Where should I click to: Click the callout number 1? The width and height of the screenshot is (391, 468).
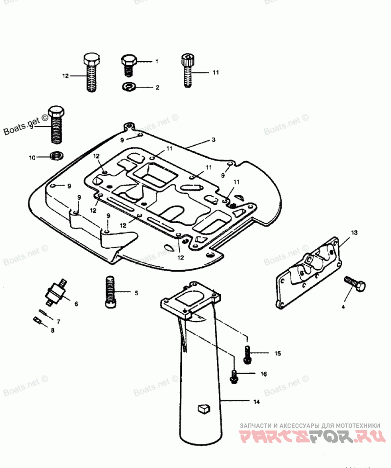tap(157, 62)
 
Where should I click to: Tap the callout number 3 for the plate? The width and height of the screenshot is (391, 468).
tap(214, 140)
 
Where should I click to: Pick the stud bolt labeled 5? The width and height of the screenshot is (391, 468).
tap(109, 293)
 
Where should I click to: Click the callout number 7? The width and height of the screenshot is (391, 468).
tap(59, 322)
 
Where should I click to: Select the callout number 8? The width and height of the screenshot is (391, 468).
tap(53, 330)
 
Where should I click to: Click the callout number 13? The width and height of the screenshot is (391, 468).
tap(354, 232)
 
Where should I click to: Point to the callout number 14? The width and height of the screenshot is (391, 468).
tap(256, 402)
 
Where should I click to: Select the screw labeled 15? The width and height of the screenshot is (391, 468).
tap(247, 354)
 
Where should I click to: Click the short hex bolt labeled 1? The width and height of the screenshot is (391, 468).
tap(128, 65)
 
